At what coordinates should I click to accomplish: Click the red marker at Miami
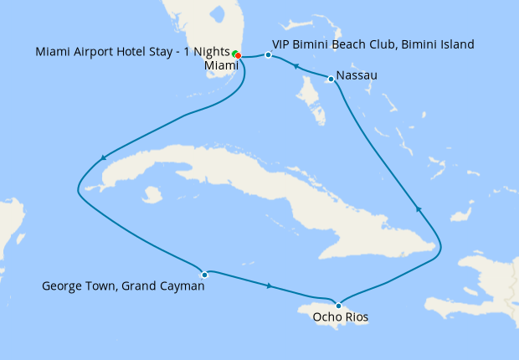pos(239,56)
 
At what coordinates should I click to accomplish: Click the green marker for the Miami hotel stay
pos(235,54)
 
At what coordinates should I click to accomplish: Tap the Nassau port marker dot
pos(332,80)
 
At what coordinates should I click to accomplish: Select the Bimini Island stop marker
pos(268,55)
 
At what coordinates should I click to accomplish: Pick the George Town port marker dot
pos(204,275)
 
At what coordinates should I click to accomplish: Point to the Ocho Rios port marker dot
pos(337,305)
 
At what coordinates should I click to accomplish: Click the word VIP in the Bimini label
pos(283,44)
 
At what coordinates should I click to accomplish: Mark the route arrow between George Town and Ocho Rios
pos(268,286)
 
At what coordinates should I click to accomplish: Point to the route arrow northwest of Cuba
pos(103,157)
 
